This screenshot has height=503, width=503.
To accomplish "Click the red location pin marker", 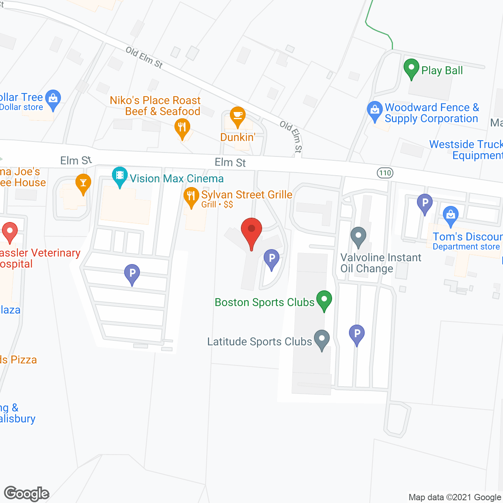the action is [251, 230].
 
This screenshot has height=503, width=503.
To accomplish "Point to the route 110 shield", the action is [385, 173].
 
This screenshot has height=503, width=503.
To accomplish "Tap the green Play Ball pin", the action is [411, 68].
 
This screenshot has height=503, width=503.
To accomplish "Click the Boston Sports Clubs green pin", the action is [324, 300].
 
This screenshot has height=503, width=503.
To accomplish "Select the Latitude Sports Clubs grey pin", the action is [322, 339].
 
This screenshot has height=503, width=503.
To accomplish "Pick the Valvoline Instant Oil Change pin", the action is [358, 237].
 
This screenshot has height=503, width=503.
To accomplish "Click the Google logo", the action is [27, 494].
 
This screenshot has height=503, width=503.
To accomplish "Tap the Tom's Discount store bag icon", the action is [450, 215].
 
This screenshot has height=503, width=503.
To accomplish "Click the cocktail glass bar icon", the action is [83, 183].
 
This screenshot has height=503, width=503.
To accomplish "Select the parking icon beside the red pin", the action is [271, 259].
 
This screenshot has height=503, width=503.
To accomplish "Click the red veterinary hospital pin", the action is [10, 231].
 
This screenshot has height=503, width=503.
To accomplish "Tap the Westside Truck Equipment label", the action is [466, 150].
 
